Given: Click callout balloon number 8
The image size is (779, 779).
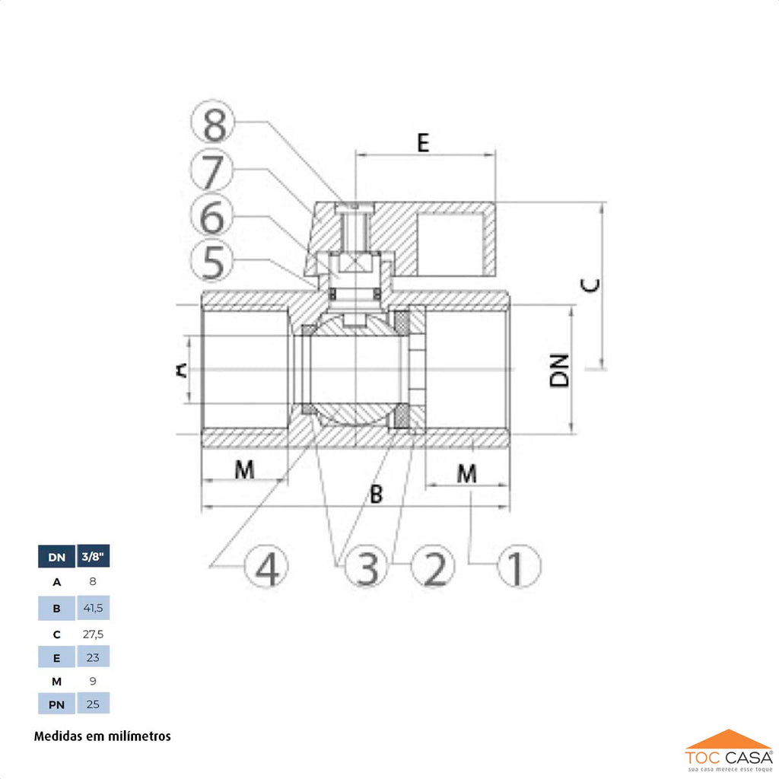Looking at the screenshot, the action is coord(213,122).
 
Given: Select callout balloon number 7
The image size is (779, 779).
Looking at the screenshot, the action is coord(212,170).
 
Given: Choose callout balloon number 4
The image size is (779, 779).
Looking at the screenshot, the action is coord(266,566).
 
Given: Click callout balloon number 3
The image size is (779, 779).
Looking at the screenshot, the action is coord(366,566).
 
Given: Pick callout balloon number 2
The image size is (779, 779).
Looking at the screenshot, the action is coord(433,566).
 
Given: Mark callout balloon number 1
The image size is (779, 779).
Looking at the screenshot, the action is coord(519,566).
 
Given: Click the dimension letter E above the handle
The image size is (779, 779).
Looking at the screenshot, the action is coord(423,142).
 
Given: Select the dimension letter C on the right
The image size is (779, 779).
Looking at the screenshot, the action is coord(590,285).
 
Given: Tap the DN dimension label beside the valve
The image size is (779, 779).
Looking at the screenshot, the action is coord(559,370).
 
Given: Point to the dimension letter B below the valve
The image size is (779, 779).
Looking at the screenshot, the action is coord(377,494).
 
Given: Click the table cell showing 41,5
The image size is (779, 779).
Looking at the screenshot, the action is coord(93,608).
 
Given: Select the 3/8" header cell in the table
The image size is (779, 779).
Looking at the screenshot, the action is coord(93,556).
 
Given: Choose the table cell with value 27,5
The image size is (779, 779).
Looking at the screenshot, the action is coord(93,634).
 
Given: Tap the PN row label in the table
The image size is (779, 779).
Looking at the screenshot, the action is coord(56,704).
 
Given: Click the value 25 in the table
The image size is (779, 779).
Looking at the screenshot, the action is coord(93,704).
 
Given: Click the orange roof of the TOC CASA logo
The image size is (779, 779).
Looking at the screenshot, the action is coord(728,739).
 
